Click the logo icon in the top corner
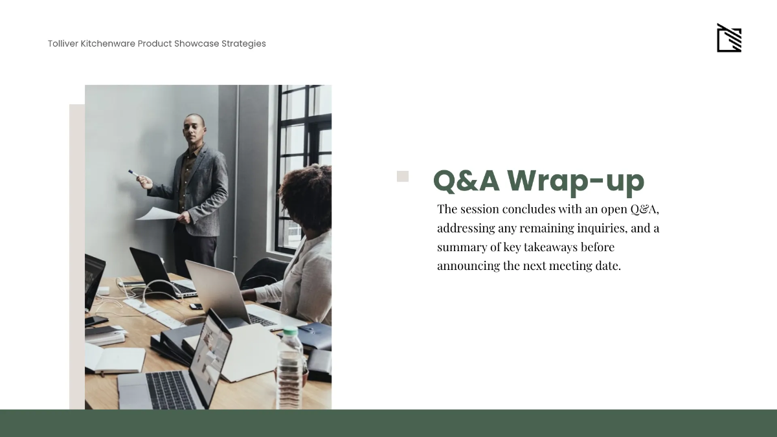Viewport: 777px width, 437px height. point(728,39)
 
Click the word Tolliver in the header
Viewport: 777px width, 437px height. point(63,43)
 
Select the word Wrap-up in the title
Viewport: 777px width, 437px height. point(576,181)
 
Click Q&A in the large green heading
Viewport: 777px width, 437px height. point(466,181)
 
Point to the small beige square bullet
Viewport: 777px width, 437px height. point(403,176)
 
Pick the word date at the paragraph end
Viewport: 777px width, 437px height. point(607,265)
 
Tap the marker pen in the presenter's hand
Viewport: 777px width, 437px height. point(134,174)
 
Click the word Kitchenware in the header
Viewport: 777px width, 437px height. point(108,43)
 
